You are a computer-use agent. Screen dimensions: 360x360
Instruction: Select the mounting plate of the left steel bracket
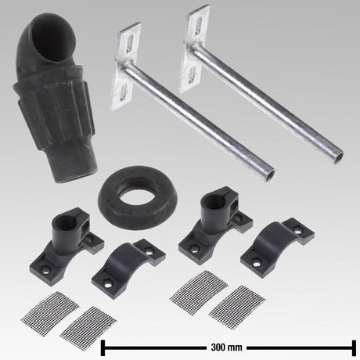128,66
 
